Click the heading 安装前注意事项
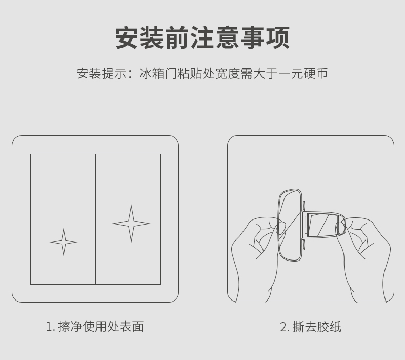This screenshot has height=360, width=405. (x=202, y=38)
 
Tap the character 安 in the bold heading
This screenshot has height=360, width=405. (x=127, y=38)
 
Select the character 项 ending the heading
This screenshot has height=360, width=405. (x=278, y=38)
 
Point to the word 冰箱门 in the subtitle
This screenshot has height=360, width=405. (x=158, y=73)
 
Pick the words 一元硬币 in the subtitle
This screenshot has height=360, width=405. (x=303, y=73)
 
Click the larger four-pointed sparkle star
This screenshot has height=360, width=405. (x=131, y=224)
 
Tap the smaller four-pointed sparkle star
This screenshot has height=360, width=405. (x=64, y=242)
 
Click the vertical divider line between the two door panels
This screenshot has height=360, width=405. (x=95, y=219)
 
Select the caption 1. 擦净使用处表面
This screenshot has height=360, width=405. (x=95, y=326)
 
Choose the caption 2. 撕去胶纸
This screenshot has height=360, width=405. (x=311, y=327)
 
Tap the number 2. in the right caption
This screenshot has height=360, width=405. (x=285, y=327)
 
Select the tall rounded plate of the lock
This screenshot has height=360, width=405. (x=290, y=225)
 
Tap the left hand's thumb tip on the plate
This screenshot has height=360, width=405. (x=281, y=228)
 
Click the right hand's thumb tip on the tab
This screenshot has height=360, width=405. (x=340, y=228)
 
